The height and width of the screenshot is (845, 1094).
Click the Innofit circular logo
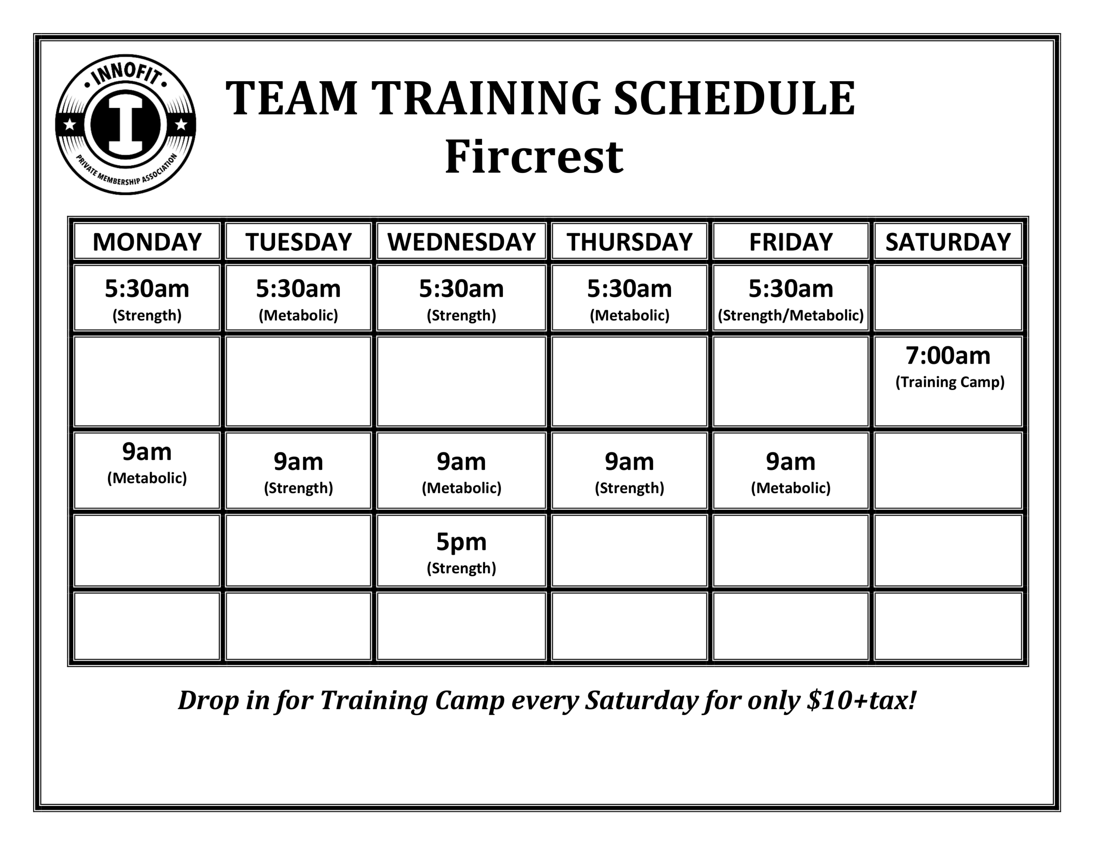(x=125, y=125)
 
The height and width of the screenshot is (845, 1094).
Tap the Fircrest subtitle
(x=534, y=157)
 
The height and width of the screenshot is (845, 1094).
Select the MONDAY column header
(x=147, y=242)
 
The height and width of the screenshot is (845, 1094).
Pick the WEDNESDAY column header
(x=462, y=242)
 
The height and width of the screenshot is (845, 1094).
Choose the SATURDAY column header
(x=948, y=242)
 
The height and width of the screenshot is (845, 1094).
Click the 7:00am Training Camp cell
(x=948, y=381)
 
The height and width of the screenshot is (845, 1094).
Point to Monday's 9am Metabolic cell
(x=147, y=470)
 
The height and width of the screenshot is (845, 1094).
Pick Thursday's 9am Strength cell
(x=629, y=470)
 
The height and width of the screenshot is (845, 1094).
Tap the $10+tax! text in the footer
(x=862, y=700)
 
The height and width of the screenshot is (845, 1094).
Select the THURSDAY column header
(x=629, y=242)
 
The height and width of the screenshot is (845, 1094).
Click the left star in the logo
(x=70, y=124)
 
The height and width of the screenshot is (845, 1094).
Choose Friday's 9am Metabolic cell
(x=791, y=470)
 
